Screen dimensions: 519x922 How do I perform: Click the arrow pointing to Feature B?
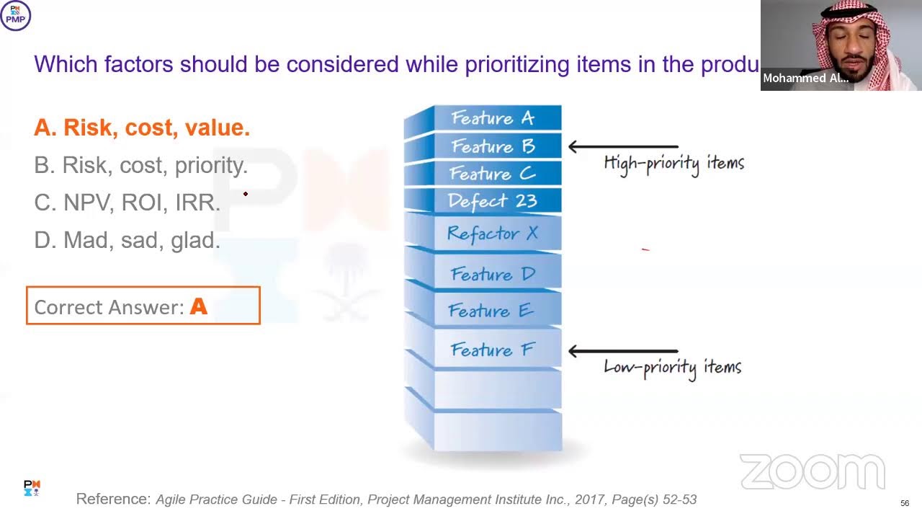622,147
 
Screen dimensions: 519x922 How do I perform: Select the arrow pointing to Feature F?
622,351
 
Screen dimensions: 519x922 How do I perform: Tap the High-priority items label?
673,163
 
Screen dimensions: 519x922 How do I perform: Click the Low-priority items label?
672,367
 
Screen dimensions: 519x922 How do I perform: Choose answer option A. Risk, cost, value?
142,128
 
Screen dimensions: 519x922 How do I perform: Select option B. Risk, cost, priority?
140,165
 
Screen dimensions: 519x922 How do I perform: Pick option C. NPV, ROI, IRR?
127,203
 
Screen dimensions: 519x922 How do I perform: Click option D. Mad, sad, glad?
127,240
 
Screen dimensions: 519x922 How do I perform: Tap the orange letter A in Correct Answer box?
198,307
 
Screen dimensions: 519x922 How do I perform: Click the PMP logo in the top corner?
15,15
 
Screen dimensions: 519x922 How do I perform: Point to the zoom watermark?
812,472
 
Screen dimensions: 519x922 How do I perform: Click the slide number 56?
905,503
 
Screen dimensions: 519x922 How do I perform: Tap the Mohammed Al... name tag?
805,79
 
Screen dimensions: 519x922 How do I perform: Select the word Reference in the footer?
113,499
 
